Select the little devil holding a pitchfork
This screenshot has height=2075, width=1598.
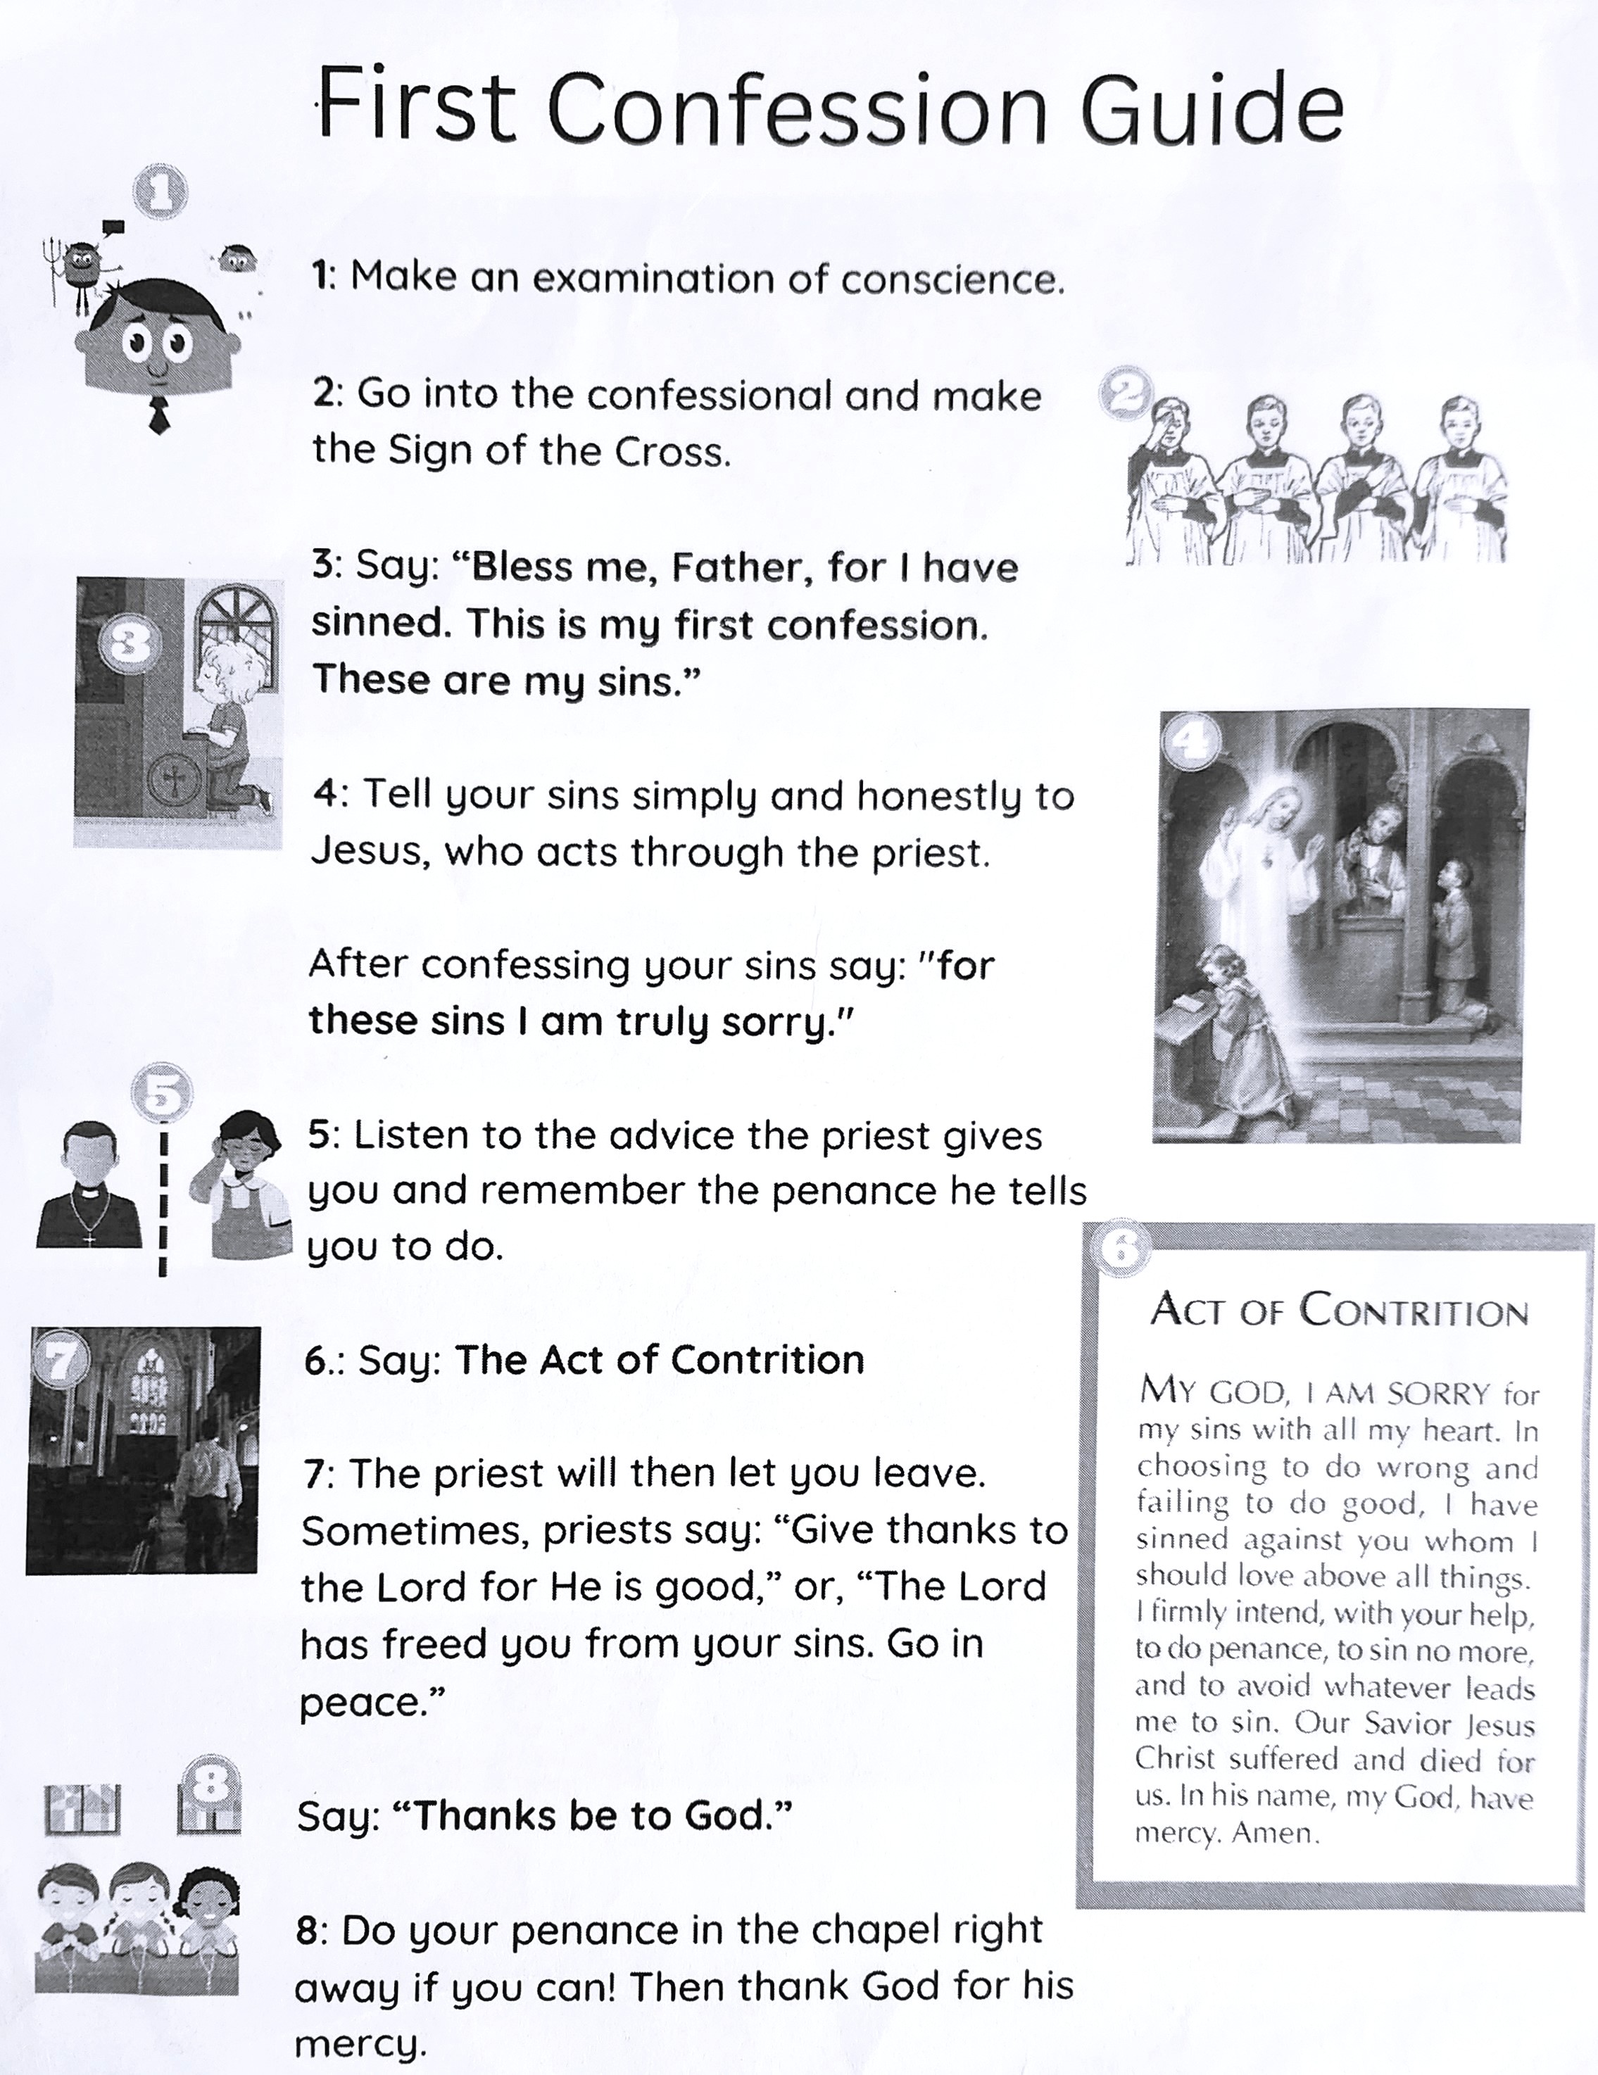pos(81,266)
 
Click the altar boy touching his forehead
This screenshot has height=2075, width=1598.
pos(1174,475)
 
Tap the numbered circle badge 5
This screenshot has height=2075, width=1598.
pos(161,1095)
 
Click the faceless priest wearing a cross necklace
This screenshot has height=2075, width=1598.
pos(89,1187)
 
